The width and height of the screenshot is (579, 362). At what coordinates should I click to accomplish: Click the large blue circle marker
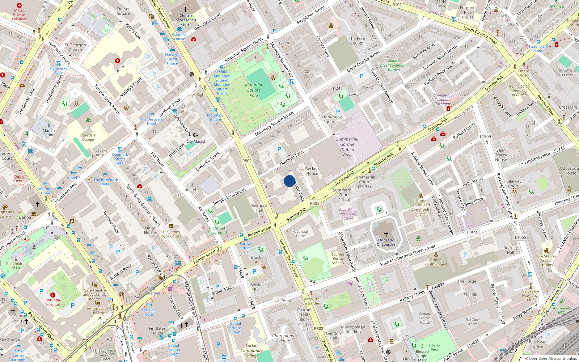coord(289,181)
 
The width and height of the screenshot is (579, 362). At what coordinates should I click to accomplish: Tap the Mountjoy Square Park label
coord(254,90)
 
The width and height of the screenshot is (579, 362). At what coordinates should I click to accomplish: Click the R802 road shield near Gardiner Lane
coord(247,161)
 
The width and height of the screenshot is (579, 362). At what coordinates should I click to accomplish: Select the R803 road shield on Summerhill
coord(314,203)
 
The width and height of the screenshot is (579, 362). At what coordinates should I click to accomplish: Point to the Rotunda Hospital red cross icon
coord(53,295)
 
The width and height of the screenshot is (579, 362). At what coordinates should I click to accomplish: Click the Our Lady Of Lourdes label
coord(386,242)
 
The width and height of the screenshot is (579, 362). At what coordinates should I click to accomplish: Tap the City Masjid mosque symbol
coord(196,135)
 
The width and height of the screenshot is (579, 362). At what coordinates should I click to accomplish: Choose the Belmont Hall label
coord(259,208)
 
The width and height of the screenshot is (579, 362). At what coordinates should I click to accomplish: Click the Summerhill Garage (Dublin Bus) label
coord(347,147)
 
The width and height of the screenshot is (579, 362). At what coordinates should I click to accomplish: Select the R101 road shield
coord(397,5)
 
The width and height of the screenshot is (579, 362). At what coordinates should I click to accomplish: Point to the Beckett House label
coord(312,171)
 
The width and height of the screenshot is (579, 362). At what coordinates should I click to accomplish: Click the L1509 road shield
coord(485,136)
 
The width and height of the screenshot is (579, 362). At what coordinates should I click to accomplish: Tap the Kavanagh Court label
coord(301,233)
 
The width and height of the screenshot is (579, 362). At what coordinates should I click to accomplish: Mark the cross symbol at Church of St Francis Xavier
coord(186,10)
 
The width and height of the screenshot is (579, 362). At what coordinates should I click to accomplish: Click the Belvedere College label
coord(88,137)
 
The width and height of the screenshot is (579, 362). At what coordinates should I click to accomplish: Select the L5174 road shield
coord(280,300)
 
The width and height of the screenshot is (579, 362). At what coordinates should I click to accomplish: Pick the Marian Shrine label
coord(48,132)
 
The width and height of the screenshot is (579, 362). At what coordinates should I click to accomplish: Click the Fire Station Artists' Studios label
coord(546,260)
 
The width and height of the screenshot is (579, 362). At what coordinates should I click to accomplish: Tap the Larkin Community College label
coord(252,350)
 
